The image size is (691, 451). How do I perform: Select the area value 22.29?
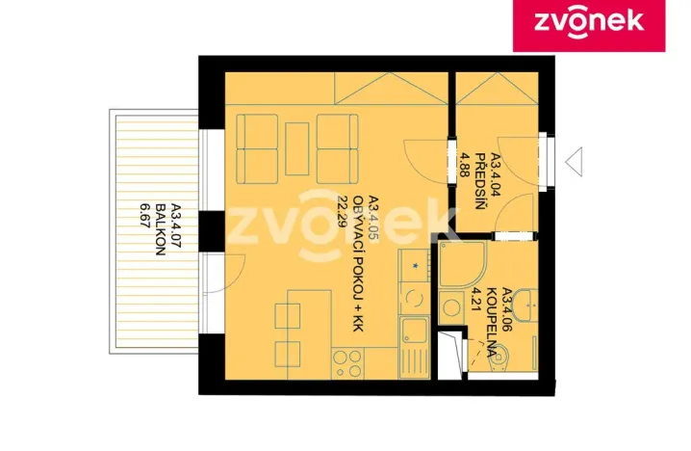[x=343, y=208]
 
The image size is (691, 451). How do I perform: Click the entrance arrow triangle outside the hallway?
[x=575, y=160]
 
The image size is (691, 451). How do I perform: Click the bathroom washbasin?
[x=521, y=308]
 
